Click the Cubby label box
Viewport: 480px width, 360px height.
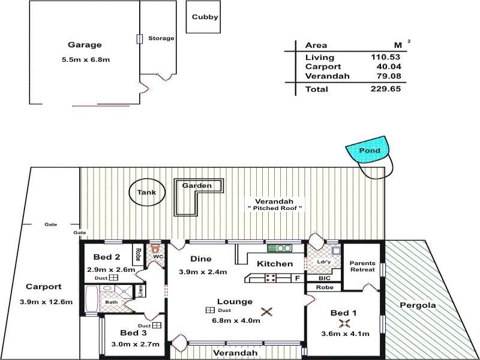pos(205,17)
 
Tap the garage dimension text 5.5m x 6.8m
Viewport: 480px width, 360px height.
pos(86,59)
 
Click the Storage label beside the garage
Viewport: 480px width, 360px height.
pos(161,38)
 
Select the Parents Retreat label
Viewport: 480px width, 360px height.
pos(363,266)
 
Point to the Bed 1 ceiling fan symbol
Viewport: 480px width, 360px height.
pos(344,323)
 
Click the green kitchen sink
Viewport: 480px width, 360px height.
pos(279,248)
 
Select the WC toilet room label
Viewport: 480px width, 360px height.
pos(158,257)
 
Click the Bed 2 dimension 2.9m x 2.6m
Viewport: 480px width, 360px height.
pos(111,269)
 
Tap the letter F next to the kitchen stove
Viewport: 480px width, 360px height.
pos(296,278)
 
